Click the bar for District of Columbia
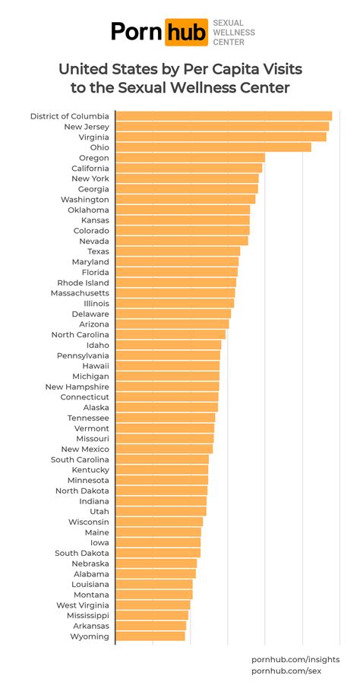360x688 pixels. [223, 116]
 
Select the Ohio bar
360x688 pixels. [213, 147]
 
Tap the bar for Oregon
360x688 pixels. [190, 158]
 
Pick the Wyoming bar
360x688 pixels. [150, 636]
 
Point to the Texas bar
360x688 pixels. [178, 251]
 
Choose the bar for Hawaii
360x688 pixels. [167, 366]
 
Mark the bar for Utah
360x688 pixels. [161, 512]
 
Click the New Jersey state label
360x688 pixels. [87, 127]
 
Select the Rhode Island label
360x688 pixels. [83, 282]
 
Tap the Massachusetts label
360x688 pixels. [80, 293]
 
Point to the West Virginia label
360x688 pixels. [83, 605]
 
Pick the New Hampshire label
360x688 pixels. [77, 387]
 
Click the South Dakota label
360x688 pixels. [82, 554]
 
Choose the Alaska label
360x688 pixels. [96, 408]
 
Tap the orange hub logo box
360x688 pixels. [187, 32]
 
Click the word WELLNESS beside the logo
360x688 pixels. [234, 33]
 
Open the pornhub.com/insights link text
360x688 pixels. [295, 659]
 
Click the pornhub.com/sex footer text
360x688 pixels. [286, 671]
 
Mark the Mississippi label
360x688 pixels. [88, 616]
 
